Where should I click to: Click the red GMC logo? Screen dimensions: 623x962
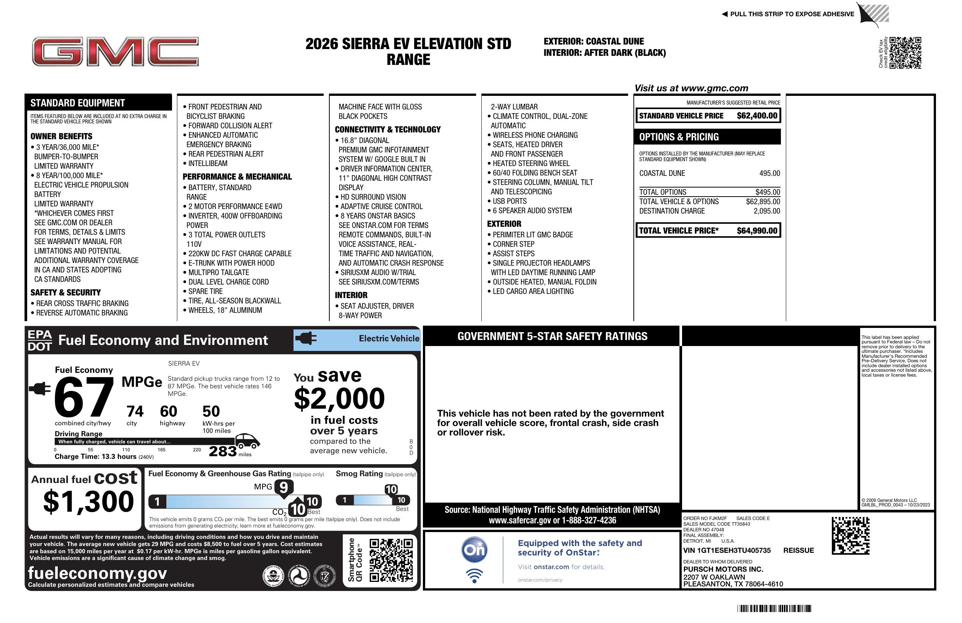[115, 51]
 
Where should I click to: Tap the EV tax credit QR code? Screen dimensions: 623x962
[905, 52]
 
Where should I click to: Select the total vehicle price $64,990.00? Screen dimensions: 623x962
[757, 231]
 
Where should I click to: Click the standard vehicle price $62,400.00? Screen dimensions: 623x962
[757, 115]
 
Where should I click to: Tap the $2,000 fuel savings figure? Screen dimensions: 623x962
[339, 398]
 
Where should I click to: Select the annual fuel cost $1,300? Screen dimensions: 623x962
[89, 502]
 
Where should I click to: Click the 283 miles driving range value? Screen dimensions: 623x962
[223, 451]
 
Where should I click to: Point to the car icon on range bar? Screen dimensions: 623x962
[247, 441]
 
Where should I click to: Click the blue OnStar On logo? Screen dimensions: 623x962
[474, 550]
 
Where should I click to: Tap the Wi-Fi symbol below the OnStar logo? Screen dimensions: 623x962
[474, 576]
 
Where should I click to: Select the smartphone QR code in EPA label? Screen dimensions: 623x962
[391, 560]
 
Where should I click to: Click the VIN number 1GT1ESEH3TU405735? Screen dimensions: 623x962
[727, 551]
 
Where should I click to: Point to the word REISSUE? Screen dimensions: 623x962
[798, 551]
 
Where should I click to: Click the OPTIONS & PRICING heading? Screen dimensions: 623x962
[679, 137]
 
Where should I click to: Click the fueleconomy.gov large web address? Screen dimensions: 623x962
[97, 573]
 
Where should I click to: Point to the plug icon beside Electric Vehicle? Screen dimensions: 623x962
[306, 338]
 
